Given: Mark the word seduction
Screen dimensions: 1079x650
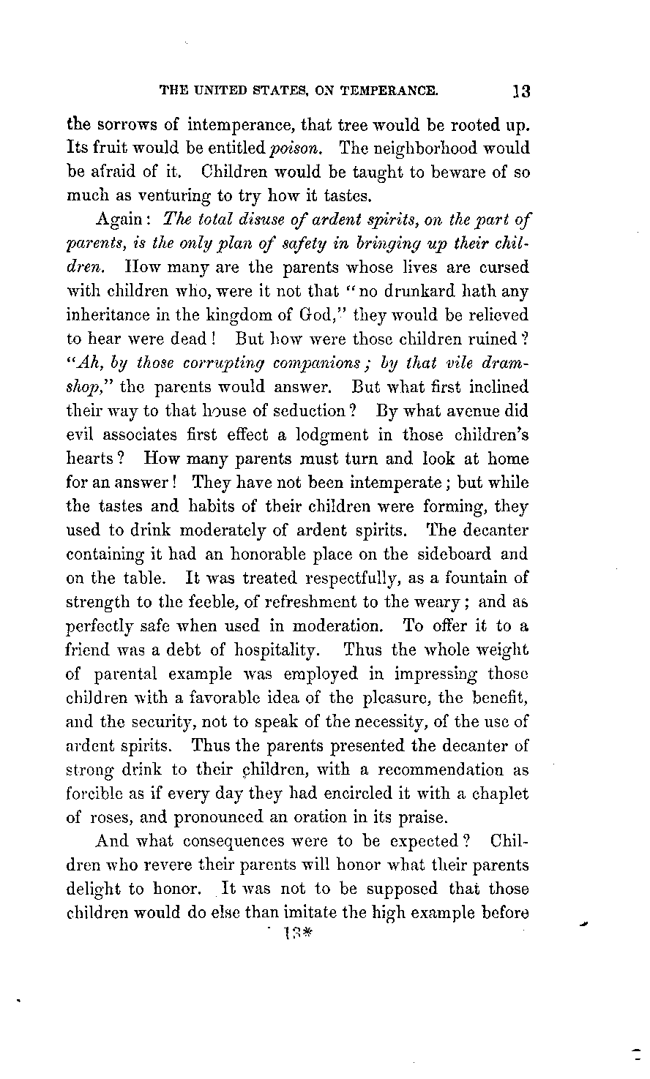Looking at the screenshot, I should (299, 410).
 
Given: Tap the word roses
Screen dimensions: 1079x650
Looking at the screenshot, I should (117, 819).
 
